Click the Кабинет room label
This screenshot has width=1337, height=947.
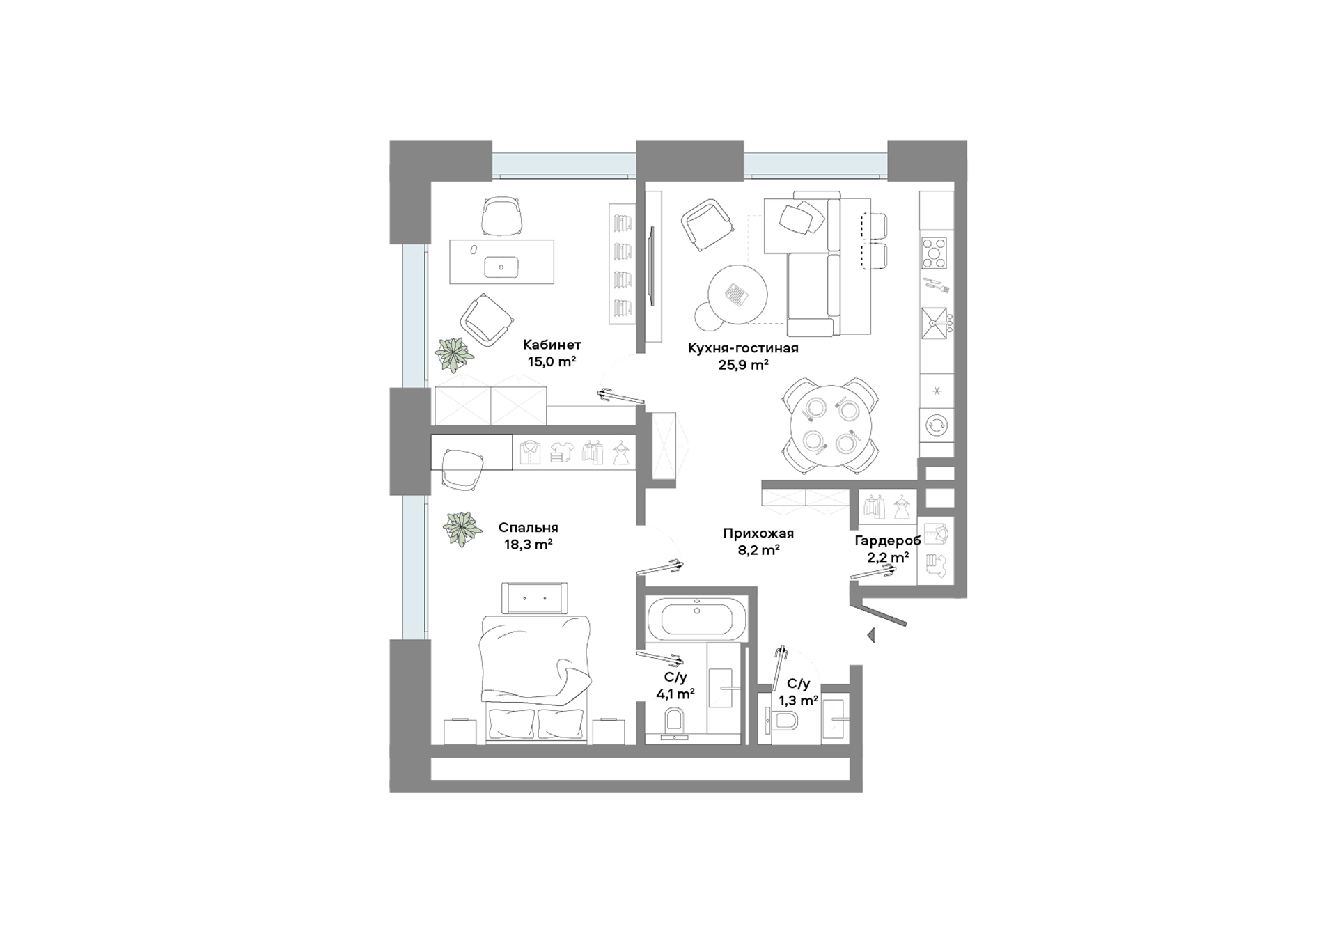coord(552,345)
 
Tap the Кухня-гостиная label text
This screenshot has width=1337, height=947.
coord(743,348)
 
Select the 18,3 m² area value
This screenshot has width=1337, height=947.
coord(529,545)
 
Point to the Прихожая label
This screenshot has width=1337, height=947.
coord(758,533)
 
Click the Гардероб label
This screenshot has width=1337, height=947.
coord(888,540)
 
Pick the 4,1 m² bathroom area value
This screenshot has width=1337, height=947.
coord(675,694)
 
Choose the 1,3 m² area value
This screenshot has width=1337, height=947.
coord(798,701)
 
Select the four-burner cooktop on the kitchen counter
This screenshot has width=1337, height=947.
coord(935,253)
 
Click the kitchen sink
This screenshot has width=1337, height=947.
coord(935,323)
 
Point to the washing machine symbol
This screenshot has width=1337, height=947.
coord(937,425)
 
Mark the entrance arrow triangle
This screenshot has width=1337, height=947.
coord(870,635)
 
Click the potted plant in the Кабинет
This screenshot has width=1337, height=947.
coord(454,354)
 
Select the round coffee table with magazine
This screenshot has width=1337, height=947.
coord(737,295)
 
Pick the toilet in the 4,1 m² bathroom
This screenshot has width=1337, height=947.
coord(675,722)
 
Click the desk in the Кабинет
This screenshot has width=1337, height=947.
coord(501,262)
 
